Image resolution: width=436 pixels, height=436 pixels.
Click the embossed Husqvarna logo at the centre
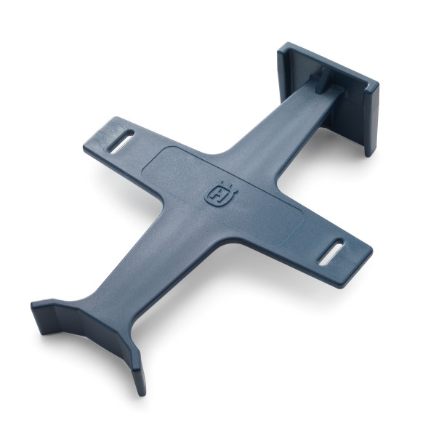(x=217, y=194)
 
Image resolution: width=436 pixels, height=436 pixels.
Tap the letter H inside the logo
(x=217, y=196)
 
